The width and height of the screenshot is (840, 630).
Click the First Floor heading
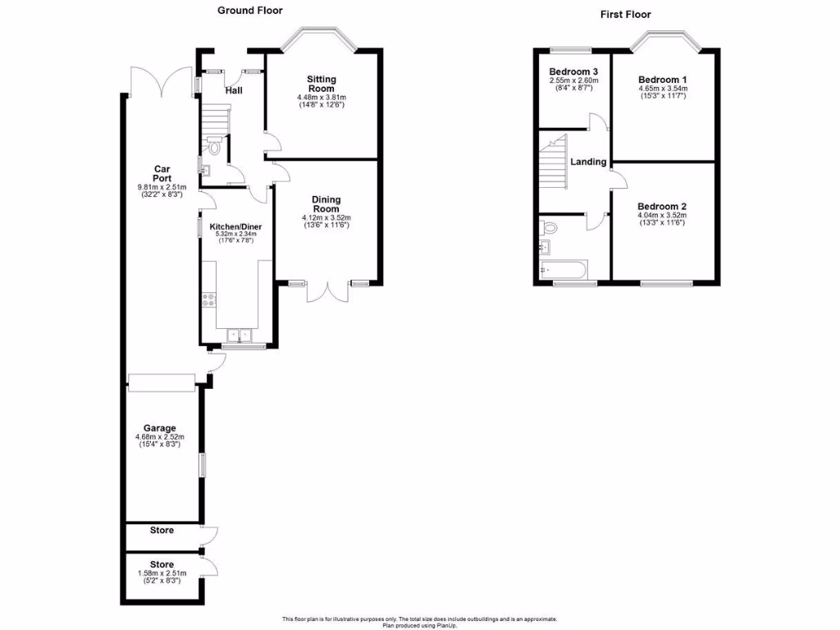coord(625,14)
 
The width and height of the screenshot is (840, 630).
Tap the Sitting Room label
coord(322,84)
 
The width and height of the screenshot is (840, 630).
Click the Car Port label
coord(162,173)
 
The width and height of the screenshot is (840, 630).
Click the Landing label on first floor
coord(589,162)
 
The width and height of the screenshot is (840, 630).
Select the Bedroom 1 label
coord(662,80)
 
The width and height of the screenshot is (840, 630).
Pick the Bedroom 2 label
coord(661,207)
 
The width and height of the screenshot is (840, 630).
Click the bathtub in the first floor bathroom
coord(564,268)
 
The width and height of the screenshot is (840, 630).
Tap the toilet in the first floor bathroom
coord(549,227)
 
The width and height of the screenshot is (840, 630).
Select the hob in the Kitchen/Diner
coord(208,300)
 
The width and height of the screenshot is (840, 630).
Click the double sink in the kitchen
coord(240,335)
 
